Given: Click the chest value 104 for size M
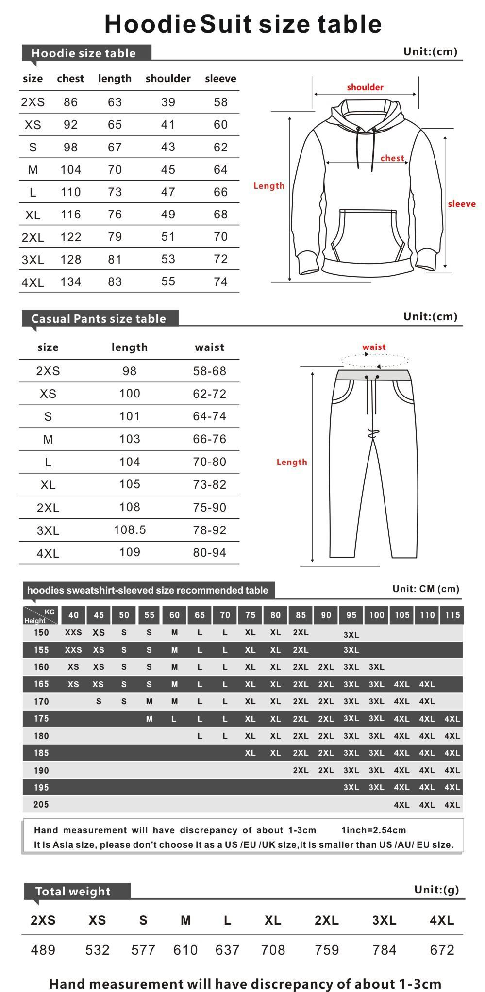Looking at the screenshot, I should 70,170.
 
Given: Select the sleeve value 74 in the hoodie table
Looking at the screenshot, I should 220,282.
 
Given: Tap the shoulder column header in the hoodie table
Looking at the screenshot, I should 168,79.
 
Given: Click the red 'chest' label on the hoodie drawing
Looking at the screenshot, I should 392,158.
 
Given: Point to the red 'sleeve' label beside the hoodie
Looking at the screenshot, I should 461,204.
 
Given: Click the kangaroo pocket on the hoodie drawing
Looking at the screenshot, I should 368,233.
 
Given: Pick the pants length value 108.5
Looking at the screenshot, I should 130,530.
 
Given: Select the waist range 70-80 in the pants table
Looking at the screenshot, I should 209,462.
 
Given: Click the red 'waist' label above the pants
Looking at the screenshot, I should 374,347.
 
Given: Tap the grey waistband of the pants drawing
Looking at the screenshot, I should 373,375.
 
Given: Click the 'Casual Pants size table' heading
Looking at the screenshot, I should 99,319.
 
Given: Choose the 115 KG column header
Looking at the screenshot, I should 452,615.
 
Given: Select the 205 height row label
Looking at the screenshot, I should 41,805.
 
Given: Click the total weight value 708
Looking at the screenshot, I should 273,950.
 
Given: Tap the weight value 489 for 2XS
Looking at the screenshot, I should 43,950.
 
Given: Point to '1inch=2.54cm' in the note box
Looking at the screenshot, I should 373,830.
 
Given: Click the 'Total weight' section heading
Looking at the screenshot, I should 73,892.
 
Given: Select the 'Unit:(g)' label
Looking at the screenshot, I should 436,890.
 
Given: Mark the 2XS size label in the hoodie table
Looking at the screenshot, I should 33,102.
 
